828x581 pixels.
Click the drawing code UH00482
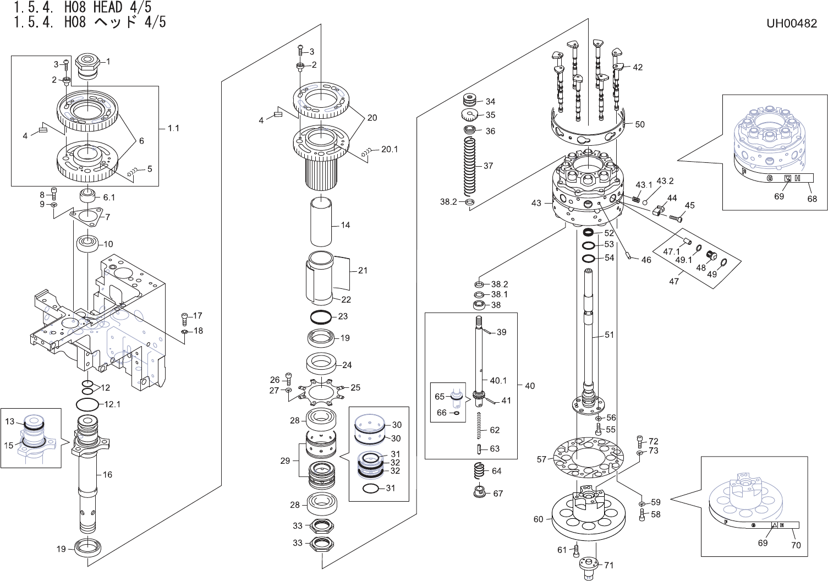[791, 24]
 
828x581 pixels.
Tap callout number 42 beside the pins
[638, 67]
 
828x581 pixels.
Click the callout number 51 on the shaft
[609, 335]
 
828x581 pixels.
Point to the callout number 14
[346, 225]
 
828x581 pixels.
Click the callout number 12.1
[112, 404]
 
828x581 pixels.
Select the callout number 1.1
[173, 128]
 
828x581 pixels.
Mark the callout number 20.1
[390, 149]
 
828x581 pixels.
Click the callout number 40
[530, 386]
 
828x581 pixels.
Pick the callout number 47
[674, 281]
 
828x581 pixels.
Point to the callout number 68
[812, 199]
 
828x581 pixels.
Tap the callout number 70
[796, 545]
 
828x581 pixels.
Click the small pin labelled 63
[479, 449]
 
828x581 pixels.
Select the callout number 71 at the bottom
[608, 565]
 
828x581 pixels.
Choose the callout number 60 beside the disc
[538, 519]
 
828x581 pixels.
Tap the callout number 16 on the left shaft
[107, 474]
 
